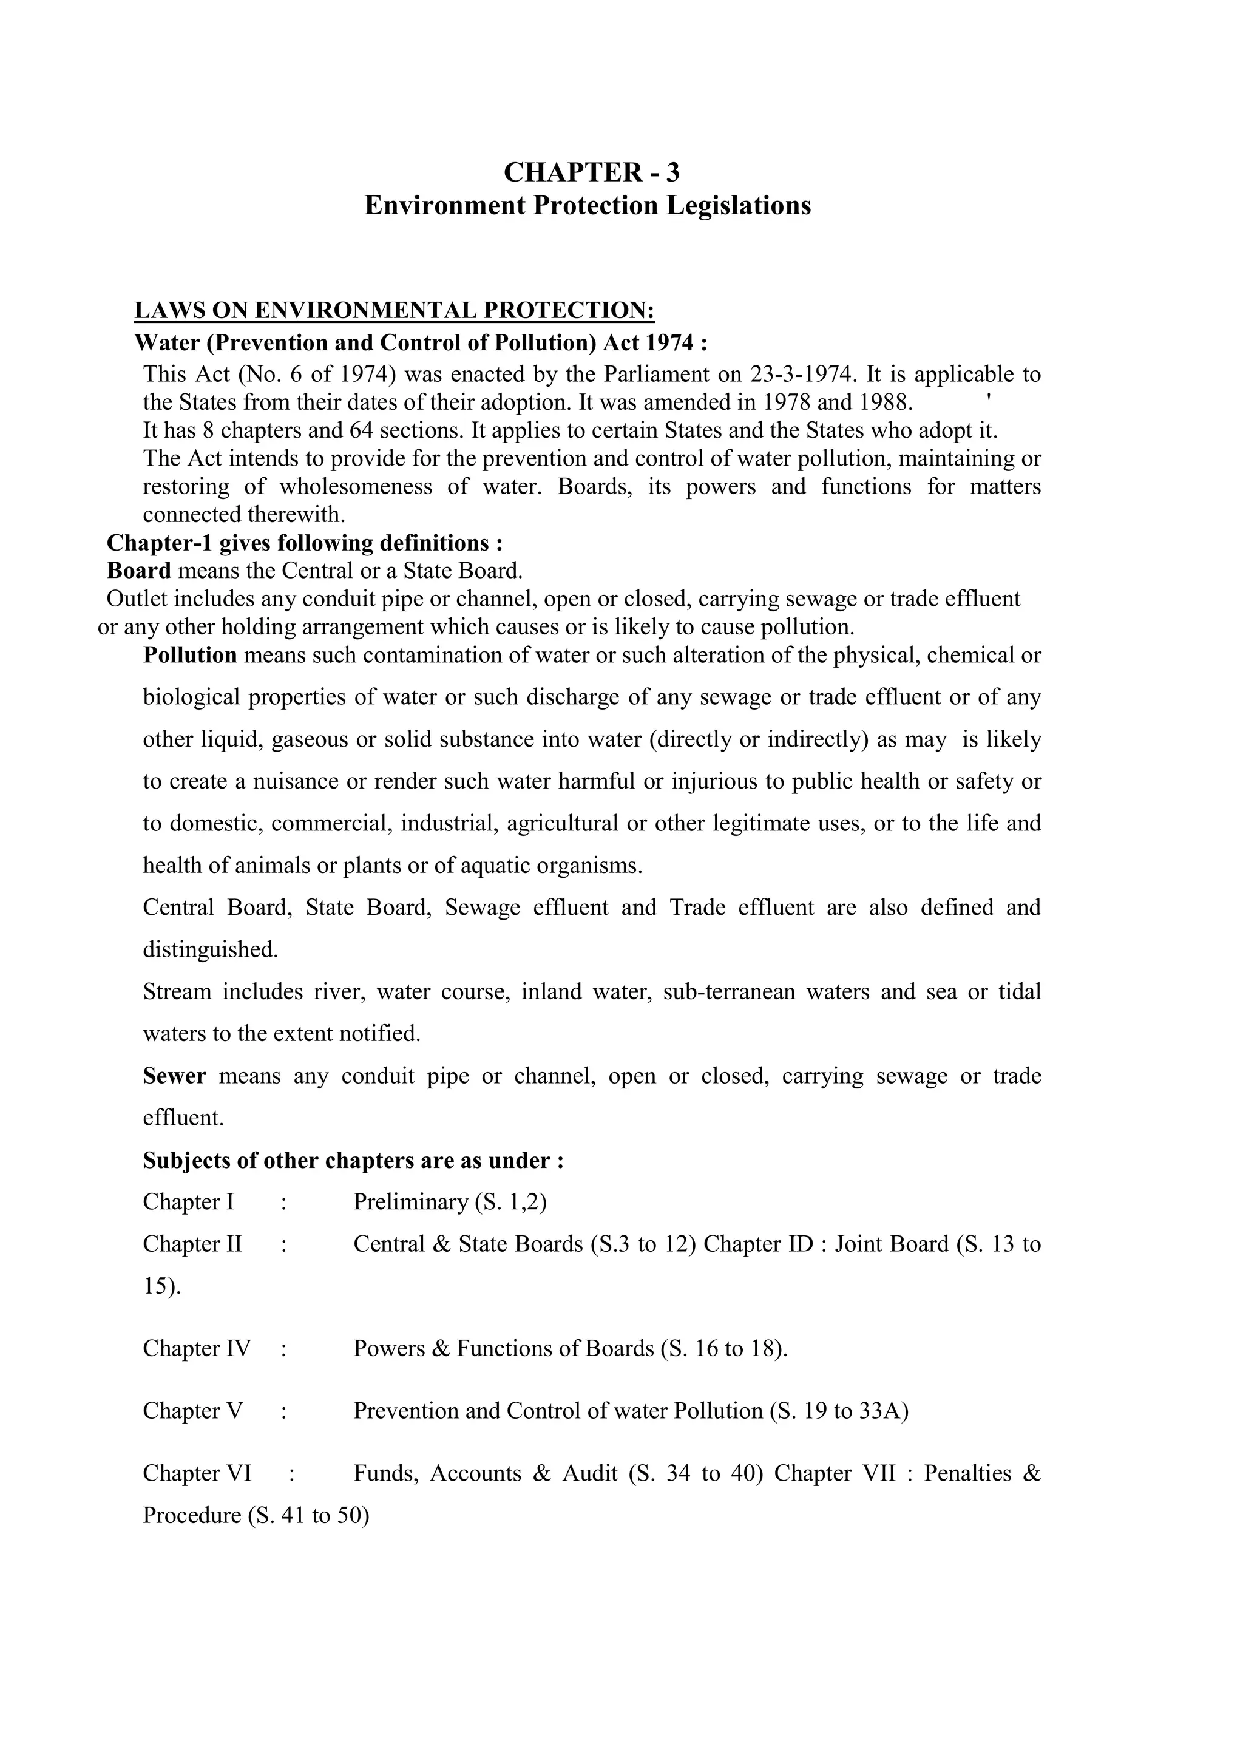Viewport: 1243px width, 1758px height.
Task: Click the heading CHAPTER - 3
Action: click(591, 173)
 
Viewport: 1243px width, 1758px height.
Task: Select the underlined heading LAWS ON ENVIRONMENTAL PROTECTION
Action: click(394, 310)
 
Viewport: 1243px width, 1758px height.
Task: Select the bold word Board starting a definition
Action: click(138, 571)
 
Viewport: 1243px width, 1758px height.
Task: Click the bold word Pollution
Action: click(190, 656)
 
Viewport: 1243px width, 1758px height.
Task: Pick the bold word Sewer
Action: click(175, 1076)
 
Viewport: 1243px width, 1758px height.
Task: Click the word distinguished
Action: click(210, 950)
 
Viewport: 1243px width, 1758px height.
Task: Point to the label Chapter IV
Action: click(197, 1348)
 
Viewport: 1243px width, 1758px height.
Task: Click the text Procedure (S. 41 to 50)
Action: click(256, 1516)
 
